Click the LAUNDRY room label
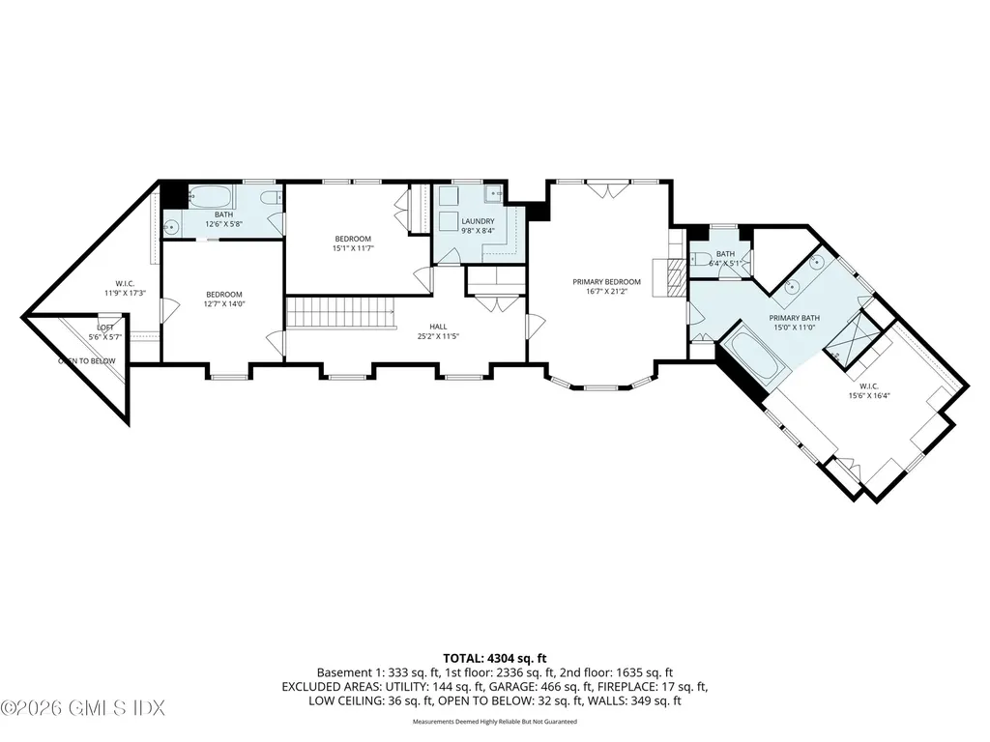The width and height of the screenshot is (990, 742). coord(478,221)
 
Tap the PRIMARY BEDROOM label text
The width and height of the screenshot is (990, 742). coord(606,281)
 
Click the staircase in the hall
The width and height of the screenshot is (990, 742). coord(339,312)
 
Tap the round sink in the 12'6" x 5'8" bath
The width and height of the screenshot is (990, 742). coord(171,228)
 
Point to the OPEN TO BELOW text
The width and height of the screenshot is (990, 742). coord(86,360)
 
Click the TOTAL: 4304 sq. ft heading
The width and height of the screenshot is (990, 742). coord(494,658)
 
